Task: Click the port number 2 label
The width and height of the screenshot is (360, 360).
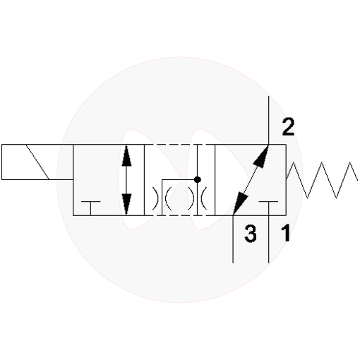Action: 288,127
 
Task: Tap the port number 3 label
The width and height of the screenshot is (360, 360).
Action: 251,234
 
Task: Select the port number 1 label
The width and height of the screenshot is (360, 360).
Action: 286,233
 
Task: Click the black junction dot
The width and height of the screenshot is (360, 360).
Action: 197,180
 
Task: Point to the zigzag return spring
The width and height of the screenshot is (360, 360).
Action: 322,180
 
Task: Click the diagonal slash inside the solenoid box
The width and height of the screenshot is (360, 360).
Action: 37,162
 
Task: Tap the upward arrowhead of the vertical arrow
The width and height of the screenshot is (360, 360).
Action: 126,156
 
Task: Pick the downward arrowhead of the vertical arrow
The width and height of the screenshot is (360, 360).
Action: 126,204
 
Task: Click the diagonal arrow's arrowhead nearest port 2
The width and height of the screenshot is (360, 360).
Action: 261,156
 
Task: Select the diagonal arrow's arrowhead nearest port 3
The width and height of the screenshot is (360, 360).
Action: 241,204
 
